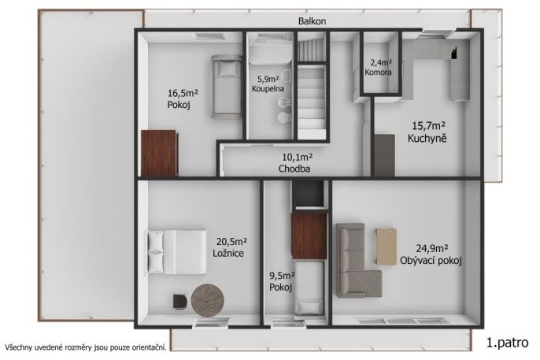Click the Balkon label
[312, 21]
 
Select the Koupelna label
[268, 88]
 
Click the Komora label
[378, 72]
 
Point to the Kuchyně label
[427, 139]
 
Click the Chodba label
[294, 169]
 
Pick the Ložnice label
[228, 254]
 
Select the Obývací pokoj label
[431, 261]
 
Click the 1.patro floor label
[507, 343]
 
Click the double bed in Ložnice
[177, 252]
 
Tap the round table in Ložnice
[208, 300]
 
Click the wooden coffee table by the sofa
[386, 247]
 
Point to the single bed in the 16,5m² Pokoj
[226, 87]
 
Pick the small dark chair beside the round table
[179, 302]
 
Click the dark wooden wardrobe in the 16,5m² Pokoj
[160, 154]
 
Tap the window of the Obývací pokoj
[404, 321]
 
